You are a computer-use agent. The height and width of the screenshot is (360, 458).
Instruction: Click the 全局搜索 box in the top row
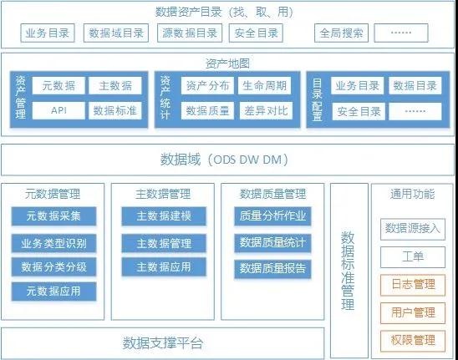(x=341, y=33)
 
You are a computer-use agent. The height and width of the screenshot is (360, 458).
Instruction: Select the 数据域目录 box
(x=116, y=33)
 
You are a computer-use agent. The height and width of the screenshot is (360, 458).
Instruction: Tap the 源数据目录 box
(x=190, y=33)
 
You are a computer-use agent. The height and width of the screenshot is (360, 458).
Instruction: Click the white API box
(x=59, y=110)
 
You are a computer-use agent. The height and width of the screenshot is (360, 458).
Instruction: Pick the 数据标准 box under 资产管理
(x=115, y=110)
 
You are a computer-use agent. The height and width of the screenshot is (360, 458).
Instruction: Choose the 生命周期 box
(x=264, y=85)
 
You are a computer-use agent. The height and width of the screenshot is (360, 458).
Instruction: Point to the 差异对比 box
(x=266, y=110)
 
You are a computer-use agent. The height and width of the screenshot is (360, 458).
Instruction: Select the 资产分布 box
(x=207, y=85)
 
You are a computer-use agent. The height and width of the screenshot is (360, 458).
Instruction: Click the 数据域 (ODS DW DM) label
(x=224, y=160)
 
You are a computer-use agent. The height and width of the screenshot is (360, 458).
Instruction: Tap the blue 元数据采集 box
(x=53, y=216)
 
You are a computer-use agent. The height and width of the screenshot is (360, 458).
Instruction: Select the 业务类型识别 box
(x=53, y=243)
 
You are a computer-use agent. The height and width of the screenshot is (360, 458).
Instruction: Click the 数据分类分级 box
(x=53, y=266)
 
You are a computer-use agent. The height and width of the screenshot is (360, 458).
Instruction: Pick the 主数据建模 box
(x=164, y=216)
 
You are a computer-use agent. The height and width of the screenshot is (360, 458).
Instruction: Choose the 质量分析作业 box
(x=272, y=216)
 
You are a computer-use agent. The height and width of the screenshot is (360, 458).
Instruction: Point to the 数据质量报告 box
(x=272, y=269)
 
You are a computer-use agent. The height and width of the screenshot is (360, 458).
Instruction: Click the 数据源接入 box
(x=413, y=229)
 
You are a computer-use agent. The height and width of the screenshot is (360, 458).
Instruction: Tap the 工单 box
(x=413, y=257)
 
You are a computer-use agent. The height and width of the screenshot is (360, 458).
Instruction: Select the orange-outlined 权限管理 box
(x=413, y=341)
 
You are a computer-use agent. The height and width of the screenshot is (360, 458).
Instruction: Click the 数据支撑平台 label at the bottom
(x=163, y=343)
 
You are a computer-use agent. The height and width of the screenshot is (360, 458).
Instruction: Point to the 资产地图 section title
(x=228, y=63)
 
